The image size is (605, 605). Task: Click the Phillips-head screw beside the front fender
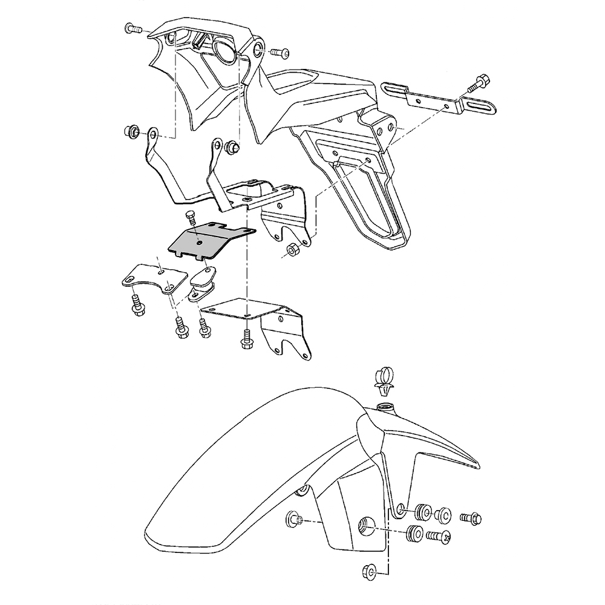coord(439,535)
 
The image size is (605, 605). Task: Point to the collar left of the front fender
coord(293,518)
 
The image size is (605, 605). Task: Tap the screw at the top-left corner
coord(132,28)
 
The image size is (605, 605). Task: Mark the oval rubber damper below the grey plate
coord(202,282)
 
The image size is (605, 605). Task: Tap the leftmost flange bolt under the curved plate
coord(137,306)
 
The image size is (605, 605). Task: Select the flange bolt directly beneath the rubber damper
coord(204,327)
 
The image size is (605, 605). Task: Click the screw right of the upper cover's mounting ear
coord(280,53)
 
